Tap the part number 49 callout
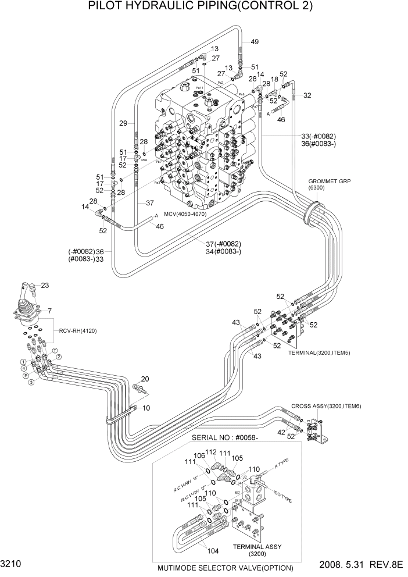[255, 41]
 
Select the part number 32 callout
[307, 95]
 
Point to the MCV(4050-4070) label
[185, 214]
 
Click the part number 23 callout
[45, 285]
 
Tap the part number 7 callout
[50, 311]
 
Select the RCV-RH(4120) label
[77, 331]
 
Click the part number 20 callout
[145, 379]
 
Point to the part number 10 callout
[146, 408]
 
